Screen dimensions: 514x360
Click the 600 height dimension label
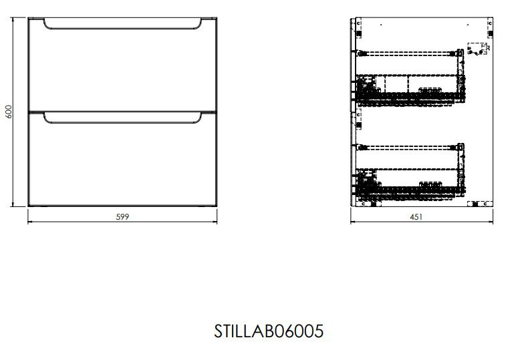9,112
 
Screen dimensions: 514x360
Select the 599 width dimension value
122,217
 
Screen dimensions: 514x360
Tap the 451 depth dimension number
416,217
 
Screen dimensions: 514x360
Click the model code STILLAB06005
269,331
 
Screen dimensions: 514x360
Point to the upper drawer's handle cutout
122,29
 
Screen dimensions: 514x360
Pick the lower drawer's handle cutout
122,122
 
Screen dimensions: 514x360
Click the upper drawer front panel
122,65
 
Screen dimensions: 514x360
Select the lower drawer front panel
122,159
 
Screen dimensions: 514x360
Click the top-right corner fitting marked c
490,28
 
